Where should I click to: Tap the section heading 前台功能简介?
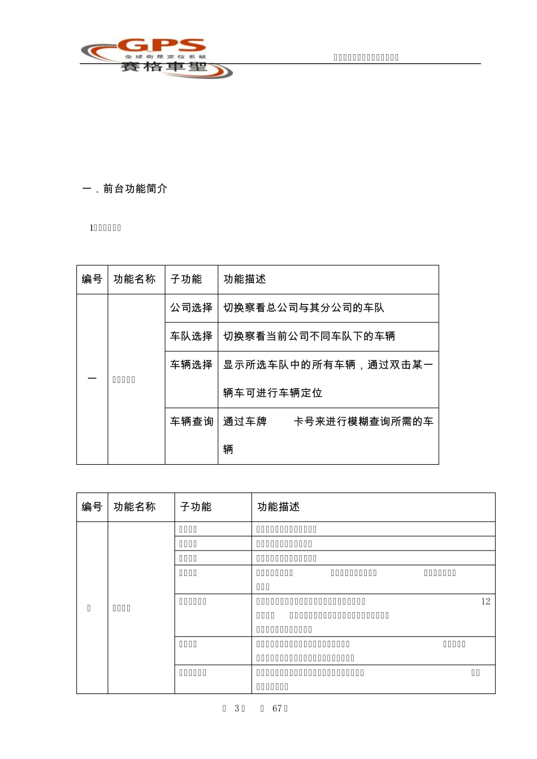pyautogui.click(x=135, y=189)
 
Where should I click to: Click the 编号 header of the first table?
pyautogui.click(x=92, y=279)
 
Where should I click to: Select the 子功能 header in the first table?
pyautogui.click(x=186, y=279)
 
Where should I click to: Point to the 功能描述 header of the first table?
pyautogui.click(x=244, y=279)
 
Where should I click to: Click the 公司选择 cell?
pyautogui.click(x=191, y=308)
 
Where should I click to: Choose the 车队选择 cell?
pyautogui.click(x=191, y=336)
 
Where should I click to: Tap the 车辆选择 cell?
pyautogui.click(x=191, y=365)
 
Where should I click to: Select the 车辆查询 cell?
pyautogui.click(x=191, y=421)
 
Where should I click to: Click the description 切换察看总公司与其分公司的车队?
pyautogui.click(x=304, y=308)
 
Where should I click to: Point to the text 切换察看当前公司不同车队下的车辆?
pyautogui.click(x=309, y=336)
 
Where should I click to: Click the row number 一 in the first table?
pyautogui.click(x=92, y=378)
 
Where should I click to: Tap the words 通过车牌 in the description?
pyautogui.click(x=245, y=421)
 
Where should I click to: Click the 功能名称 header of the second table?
pyautogui.click(x=135, y=507)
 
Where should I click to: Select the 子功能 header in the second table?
pyautogui.click(x=196, y=507)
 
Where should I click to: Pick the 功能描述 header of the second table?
pyautogui.click(x=278, y=507)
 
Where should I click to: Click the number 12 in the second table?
pyautogui.click(x=486, y=601)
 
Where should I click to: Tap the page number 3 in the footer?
pyautogui.click(x=237, y=709)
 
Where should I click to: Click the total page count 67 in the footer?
pyautogui.click(x=277, y=709)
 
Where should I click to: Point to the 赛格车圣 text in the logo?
pyautogui.click(x=164, y=67)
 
